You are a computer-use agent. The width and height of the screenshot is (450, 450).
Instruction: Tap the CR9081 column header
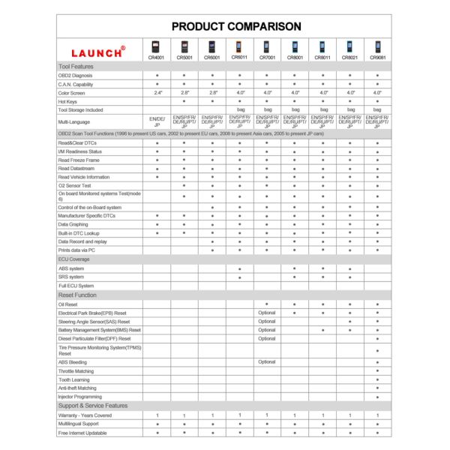pyautogui.click(x=377, y=56)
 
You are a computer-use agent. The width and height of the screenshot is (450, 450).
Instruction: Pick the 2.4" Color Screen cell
pyautogui.click(x=157, y=92)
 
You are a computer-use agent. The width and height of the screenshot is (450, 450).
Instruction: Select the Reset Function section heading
pyautogui.click(x=78, y=295)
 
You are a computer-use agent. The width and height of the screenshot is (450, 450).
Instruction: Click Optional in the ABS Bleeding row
pyautogui.click(x=267, y=361)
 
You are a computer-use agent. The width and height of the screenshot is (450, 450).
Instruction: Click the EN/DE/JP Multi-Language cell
pyautogui.click(x=157, y=121)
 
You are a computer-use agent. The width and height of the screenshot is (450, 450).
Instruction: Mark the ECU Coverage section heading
pyautogui.click(x=74, y=259)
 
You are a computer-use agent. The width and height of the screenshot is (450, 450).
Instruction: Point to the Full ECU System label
pyautogui.click(x=76, y=286)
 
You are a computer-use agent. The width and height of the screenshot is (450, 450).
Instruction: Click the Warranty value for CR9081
pyautogui.click(x=377, y=415)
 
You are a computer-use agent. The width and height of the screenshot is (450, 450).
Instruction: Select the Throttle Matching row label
pyautogui.click(x=76, y=370)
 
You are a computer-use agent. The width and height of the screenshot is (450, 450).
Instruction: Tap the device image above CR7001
pyautogui.click(x=266, y=46)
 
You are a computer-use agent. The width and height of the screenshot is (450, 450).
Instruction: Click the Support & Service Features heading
pyautogui.click(x=93, y=406)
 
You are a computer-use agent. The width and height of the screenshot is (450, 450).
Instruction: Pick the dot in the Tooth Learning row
pyautogui.click(x=377, y=379)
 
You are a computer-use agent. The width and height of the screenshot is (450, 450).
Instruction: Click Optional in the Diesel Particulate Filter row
pyautogui.click(x=267, y=338)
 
